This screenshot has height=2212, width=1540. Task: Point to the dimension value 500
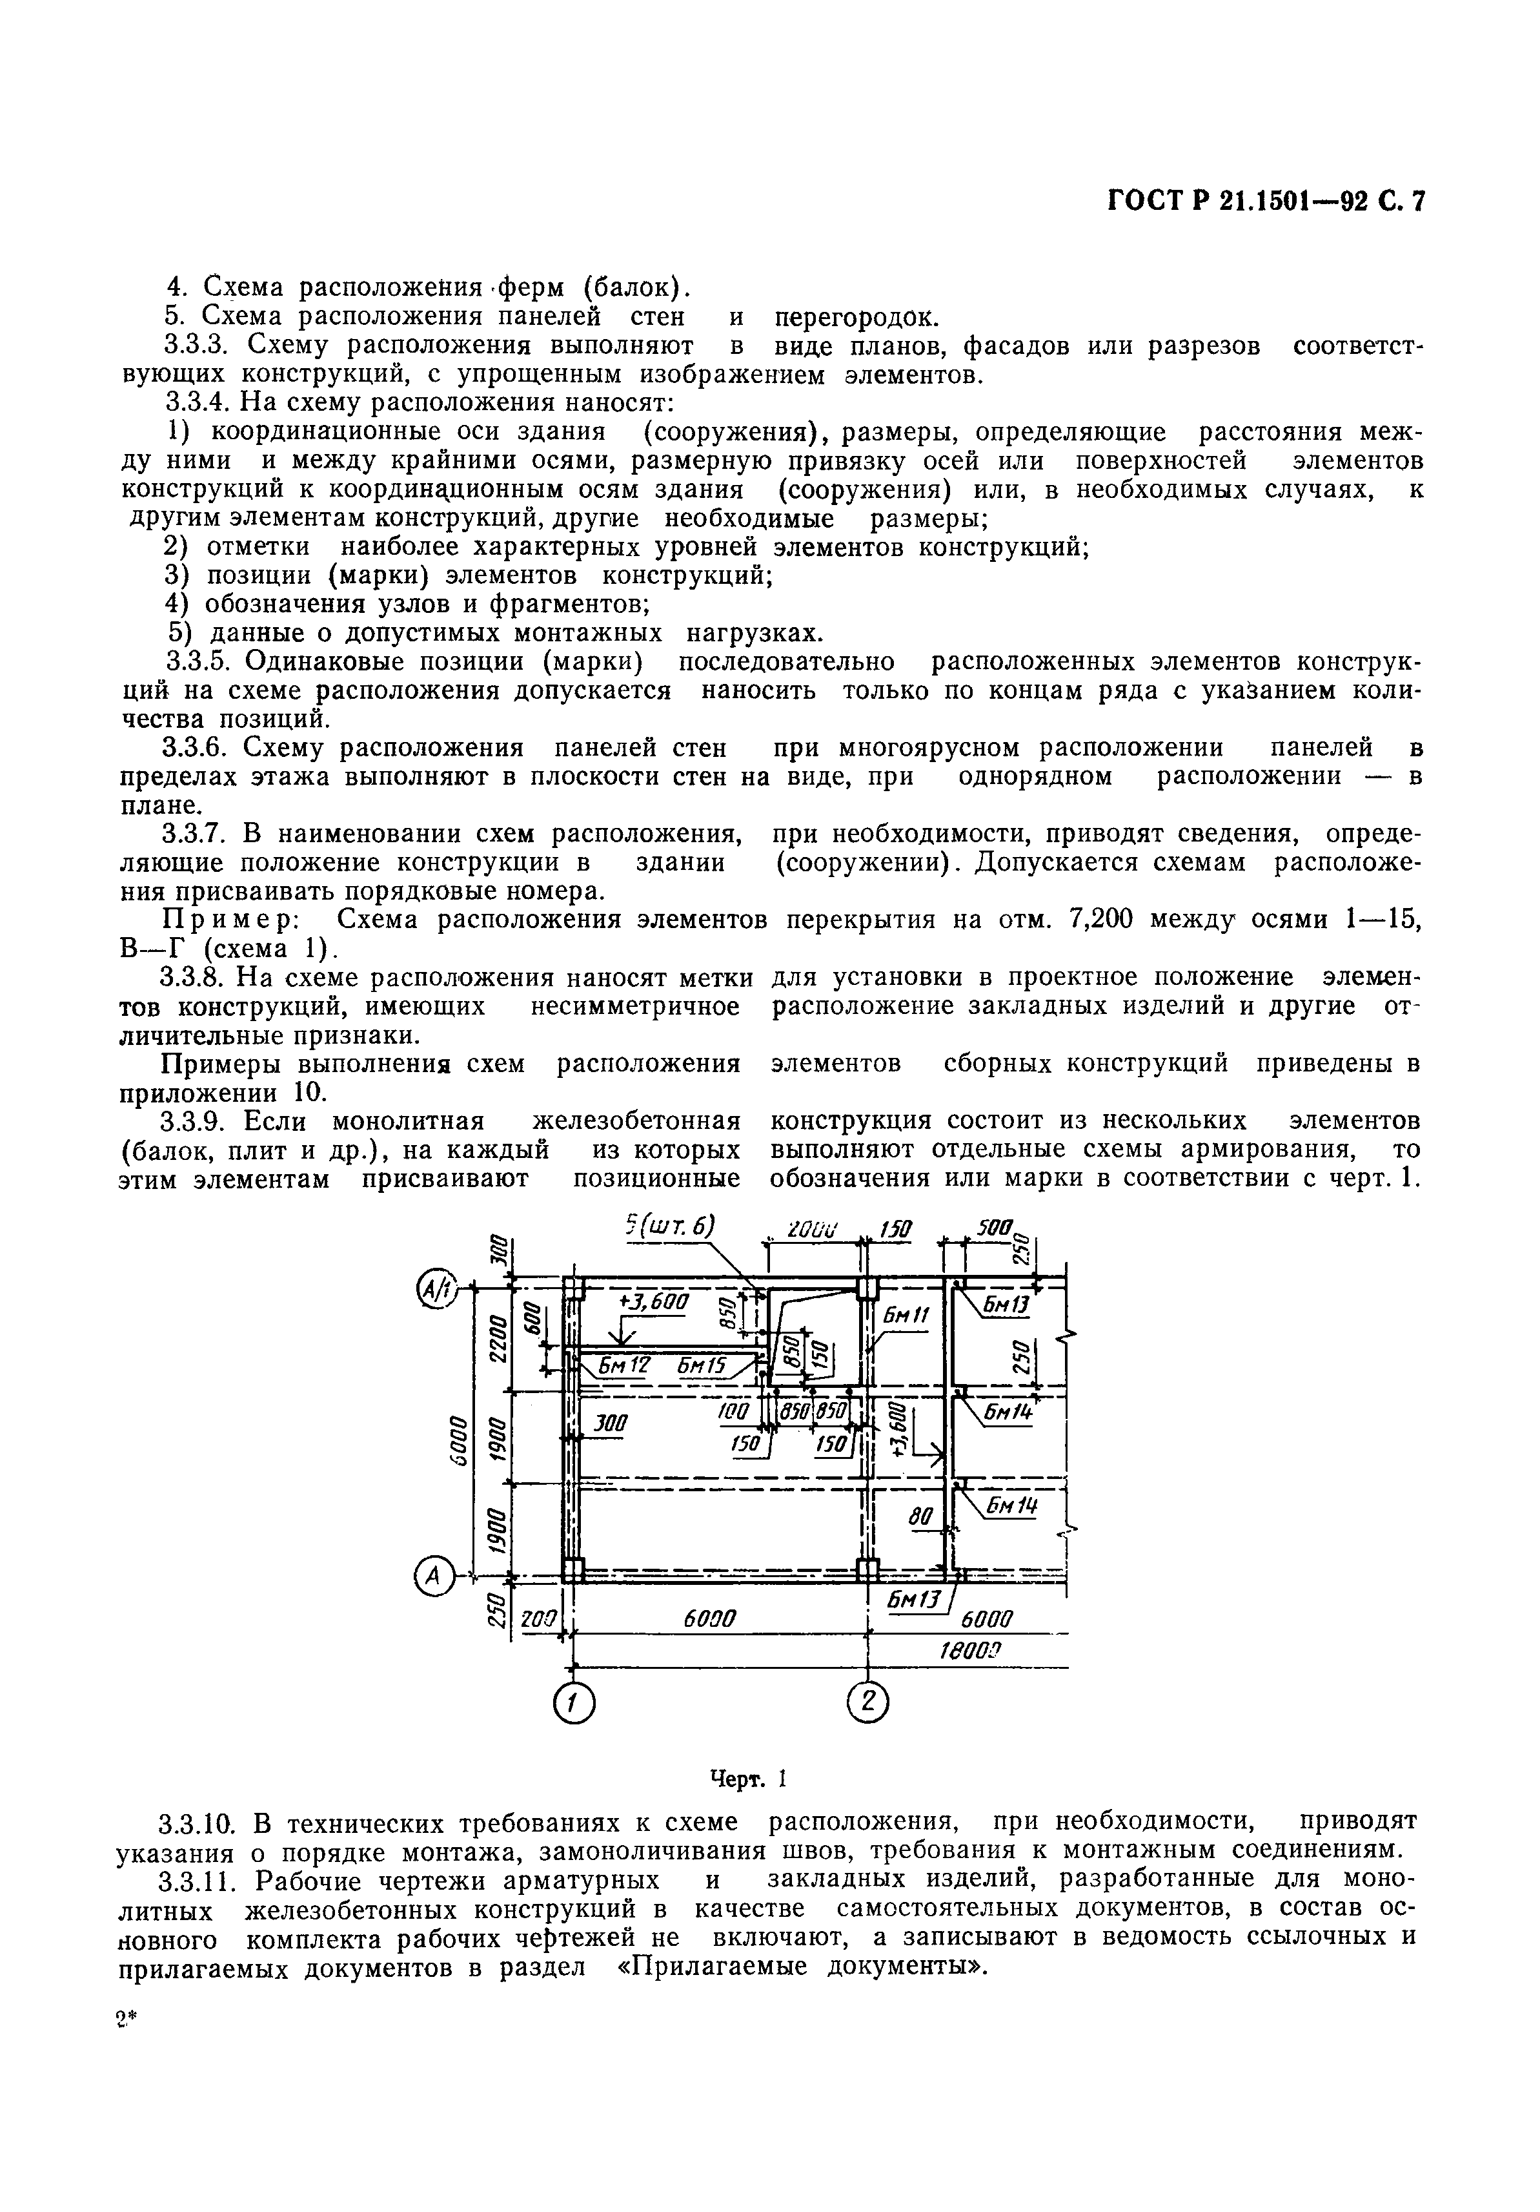pos(994,1228)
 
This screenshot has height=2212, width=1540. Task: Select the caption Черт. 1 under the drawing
pos(748,1777)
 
